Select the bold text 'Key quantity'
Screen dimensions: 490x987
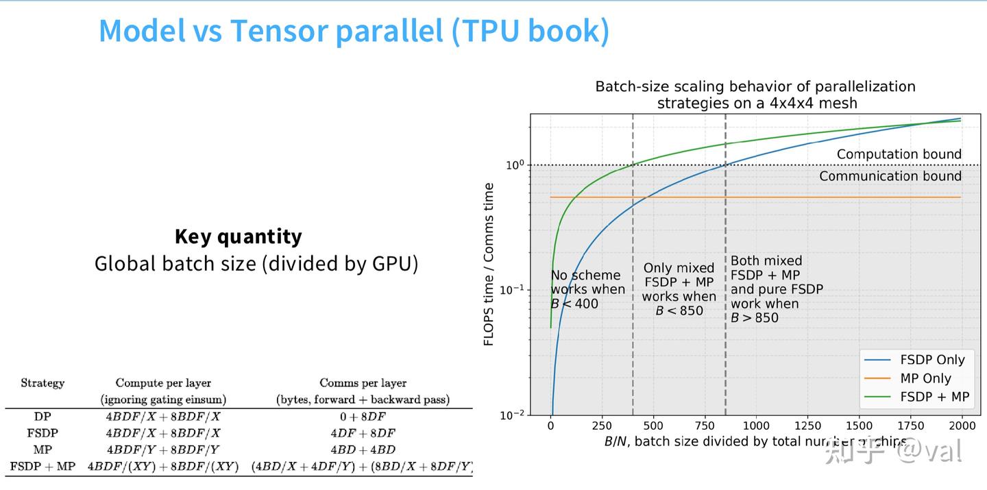point(238,236)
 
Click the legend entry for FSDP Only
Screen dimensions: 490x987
point(932,360)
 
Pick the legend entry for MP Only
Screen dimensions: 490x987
point(925,378)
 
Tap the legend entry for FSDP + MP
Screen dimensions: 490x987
point(934,397)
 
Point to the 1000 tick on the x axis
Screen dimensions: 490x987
point(756,426)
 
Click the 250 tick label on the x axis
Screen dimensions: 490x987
point(602,426)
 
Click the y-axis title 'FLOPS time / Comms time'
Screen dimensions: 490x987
point(489,264)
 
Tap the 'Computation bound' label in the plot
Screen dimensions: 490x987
point(899,154)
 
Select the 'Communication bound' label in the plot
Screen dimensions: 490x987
point(890,176)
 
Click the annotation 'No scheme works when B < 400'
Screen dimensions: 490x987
point(587,289)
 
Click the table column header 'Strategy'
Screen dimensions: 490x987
point(42,383)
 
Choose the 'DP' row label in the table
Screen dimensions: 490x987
point(42,416)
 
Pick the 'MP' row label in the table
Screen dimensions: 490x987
point(42,450)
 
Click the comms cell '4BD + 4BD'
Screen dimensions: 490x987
point(363,450)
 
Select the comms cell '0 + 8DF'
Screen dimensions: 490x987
point(363,416)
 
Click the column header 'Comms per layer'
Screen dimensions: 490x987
point(363,383)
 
